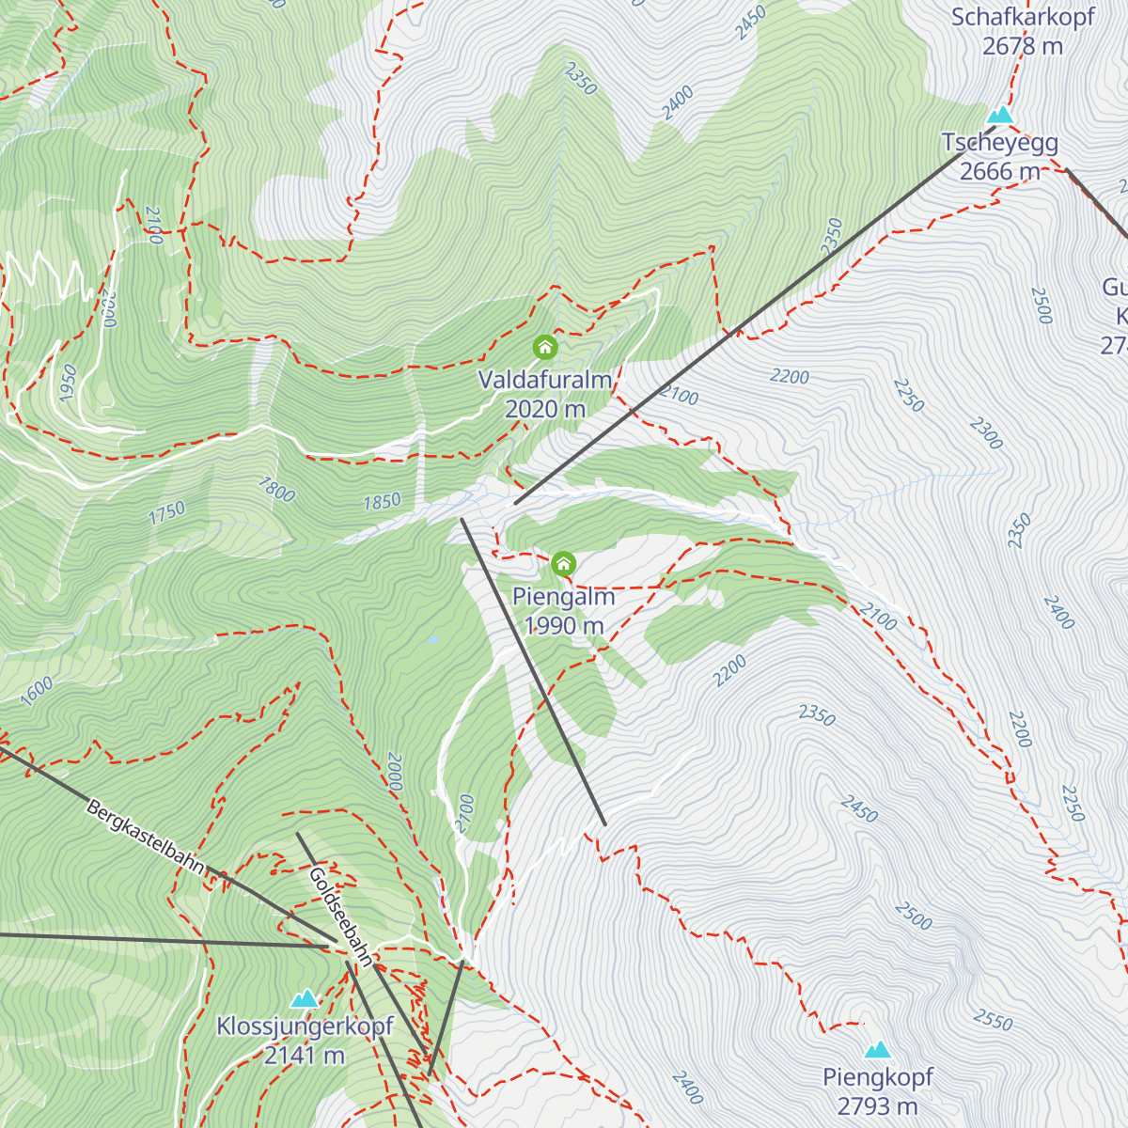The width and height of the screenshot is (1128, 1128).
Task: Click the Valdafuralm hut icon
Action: click(x=545, y=347)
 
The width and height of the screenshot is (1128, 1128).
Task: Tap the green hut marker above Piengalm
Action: click(x=563, y=564)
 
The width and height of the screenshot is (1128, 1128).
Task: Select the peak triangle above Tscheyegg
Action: click(x=1000, y=116)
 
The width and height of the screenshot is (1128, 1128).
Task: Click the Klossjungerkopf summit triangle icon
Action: click(x=305, y=998)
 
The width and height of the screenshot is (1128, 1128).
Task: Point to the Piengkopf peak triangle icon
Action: click(x=878, y=1049)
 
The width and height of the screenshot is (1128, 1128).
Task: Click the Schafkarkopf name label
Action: click(x=1023, y=17)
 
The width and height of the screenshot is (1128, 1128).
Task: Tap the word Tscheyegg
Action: click(x=1000, y=143)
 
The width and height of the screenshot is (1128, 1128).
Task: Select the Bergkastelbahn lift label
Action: click(x=145, y=837)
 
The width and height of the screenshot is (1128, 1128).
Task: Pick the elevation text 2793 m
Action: click(x=877, y=1106)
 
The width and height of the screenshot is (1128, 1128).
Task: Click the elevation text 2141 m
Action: click(x=305, y=1056)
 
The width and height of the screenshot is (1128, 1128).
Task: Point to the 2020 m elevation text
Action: click(x=545, y=409)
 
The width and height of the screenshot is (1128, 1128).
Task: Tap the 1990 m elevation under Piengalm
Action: click(x=564, y=626)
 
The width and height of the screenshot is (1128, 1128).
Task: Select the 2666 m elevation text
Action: click(x=1000, y=171)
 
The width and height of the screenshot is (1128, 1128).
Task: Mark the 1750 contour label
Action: click(x=166, y=513)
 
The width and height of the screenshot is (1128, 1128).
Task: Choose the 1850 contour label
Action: click(x=382, y=502)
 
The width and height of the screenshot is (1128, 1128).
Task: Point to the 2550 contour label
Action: click(x=993, y=1019)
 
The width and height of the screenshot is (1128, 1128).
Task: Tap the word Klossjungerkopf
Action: click(x=305, y=1026)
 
